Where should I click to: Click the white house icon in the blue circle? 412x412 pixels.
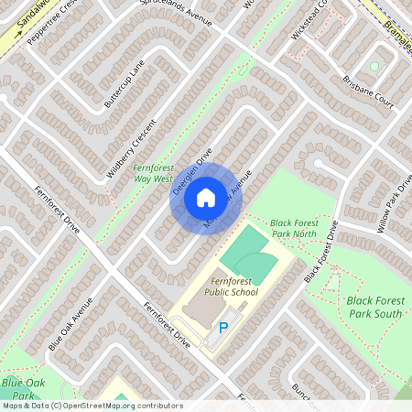pyautogui.click(x=206, y=196)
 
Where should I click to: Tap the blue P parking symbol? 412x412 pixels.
pyautogui.click(x=223, y=328)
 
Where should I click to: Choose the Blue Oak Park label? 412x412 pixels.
pyautogui.click(x=24, y=387)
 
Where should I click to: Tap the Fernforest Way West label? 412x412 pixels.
pyautogui.click(x=153, y=174)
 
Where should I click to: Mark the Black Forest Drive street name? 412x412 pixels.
pyautogui.click(x=327, y=250)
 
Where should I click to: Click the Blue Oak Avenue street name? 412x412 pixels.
pyautogui.click(x=70, y=325)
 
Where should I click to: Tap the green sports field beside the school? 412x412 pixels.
pyautogui.click(x=248, y=255)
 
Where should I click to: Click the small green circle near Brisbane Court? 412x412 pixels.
pyautogui.click(x=374, y=66)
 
